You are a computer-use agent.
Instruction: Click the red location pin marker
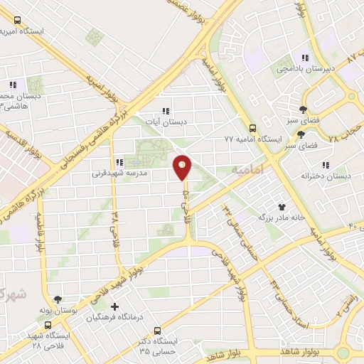183,167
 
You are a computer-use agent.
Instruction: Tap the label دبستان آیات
165,122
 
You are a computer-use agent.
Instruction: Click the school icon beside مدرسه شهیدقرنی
119,162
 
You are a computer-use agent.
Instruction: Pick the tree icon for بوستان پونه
58,301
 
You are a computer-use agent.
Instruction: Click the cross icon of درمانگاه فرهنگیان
115,308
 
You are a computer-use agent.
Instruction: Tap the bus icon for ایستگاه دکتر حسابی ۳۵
156,331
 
